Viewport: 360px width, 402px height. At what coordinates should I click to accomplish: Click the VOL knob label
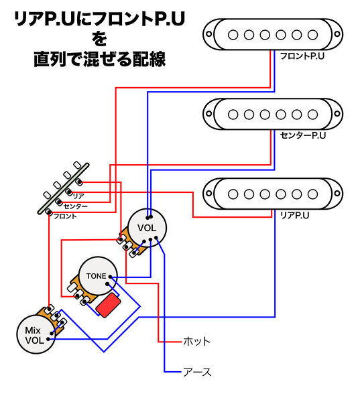(147, 228)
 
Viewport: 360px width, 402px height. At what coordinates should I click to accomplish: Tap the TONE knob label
(96, 276)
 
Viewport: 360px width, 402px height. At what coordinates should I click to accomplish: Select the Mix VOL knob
(36, 334)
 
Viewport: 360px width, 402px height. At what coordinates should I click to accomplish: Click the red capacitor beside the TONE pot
(109, 306)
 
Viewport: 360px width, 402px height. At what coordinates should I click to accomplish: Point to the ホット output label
(196, 342)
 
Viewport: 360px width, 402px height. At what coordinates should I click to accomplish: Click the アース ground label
(197, 372)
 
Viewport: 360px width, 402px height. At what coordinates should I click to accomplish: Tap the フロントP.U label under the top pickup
(302, 56)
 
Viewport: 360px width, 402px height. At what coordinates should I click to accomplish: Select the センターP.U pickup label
(303, 135)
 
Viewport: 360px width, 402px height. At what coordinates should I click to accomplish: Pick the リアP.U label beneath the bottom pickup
(294, 215)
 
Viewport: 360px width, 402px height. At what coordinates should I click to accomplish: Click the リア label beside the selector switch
(78, 196)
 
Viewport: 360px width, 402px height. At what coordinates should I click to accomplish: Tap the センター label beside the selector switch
(76, 206)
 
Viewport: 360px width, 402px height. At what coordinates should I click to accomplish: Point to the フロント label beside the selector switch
(65, 216)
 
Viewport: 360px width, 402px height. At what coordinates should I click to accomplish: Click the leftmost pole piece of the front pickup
(233, 35)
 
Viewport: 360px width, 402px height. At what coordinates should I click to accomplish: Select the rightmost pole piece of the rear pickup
(312, 194)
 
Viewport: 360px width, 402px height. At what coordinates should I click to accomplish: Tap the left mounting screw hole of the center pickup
(209, 114)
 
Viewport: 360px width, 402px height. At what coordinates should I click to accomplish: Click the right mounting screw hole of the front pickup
(337, 34)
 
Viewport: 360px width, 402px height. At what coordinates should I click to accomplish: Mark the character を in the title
(99, 39)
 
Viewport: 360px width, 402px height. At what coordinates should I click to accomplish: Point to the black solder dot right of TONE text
(110, 277)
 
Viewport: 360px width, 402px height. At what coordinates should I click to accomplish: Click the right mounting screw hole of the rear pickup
(337, 194)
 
